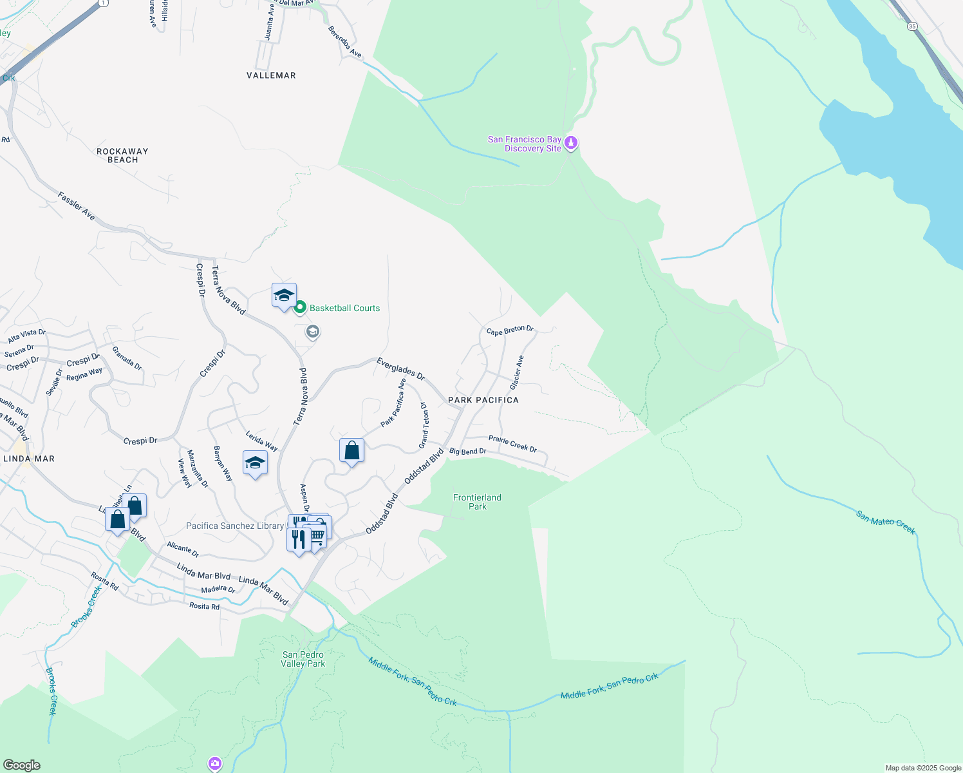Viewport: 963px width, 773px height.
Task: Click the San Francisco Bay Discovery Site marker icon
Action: coord(570,142)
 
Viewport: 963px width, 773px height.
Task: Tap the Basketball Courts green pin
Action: coord(299,307)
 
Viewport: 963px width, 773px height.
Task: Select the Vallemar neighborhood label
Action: coord(271,75)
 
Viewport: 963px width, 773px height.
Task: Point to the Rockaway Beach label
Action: coord(122,155)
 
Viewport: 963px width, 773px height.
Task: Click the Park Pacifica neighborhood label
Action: coord(483,400)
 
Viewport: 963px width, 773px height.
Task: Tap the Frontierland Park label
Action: coord(477,502)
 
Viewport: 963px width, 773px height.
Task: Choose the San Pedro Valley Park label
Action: coord(303,659)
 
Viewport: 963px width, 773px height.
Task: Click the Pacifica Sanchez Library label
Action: coord(235,526)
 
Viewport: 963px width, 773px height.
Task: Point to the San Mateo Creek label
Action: coord(886,522)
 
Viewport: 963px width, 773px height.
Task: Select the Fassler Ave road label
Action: coord(77,206)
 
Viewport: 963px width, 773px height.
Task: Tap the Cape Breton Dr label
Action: coord(510,330)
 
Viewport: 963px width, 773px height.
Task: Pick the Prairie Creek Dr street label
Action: coord(512,443)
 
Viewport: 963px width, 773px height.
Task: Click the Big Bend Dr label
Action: coord(467,452)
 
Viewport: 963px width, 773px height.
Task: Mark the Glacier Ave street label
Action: coord(516,372)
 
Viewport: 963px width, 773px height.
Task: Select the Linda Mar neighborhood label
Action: coord(29,459)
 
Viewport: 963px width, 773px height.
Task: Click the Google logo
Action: coord(21,765)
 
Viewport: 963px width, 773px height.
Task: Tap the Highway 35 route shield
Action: coord(912,26)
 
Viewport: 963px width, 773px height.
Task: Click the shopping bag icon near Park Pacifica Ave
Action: coord(351,450)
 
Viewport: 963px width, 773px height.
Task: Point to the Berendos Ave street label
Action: coord(345,42)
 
